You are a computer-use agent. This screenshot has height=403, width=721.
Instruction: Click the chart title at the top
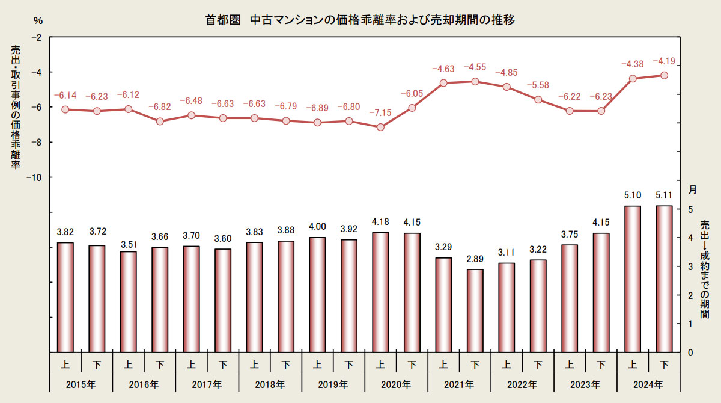360,20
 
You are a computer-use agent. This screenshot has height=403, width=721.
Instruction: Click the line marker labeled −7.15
380,128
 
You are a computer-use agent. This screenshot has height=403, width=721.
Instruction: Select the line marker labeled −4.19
664,75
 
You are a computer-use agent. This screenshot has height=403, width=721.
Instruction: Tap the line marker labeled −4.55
475,81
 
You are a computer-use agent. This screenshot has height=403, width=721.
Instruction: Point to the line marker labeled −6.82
160,122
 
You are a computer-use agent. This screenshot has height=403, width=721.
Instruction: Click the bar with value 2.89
475,310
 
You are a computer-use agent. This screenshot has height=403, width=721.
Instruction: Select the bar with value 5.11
664,279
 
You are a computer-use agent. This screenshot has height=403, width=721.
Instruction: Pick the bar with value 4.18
380,292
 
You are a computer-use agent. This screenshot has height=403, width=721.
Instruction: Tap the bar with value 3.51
129,302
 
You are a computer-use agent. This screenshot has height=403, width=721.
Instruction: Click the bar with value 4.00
317,295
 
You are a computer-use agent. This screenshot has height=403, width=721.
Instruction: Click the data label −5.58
538,85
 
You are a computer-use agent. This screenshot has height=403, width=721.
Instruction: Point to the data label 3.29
443,247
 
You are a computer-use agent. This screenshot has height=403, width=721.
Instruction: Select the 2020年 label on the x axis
396,384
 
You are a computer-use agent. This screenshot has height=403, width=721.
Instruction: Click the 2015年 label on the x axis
81,384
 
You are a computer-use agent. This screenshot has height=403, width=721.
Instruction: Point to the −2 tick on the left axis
37,37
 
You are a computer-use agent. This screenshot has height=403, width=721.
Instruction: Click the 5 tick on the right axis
690,209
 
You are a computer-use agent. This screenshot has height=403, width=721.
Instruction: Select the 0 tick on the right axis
690,352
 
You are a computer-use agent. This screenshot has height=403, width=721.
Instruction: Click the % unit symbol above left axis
38,21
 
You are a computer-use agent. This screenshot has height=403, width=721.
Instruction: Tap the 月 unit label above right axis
692,189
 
